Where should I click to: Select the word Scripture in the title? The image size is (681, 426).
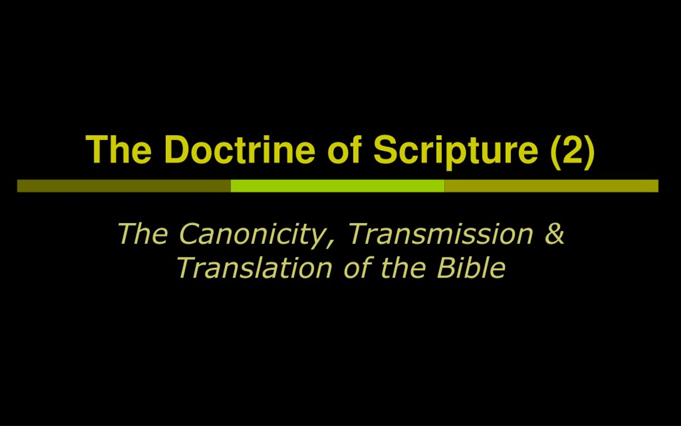pos(456,152)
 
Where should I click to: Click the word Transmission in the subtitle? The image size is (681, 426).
pos(441,234)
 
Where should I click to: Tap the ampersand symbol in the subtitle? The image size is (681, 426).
pos(555,234)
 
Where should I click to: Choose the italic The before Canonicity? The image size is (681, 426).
pos(143,234)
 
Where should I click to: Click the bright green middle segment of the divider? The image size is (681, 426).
pos(338,186)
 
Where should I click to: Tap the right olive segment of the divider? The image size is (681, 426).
pos(551,186)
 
